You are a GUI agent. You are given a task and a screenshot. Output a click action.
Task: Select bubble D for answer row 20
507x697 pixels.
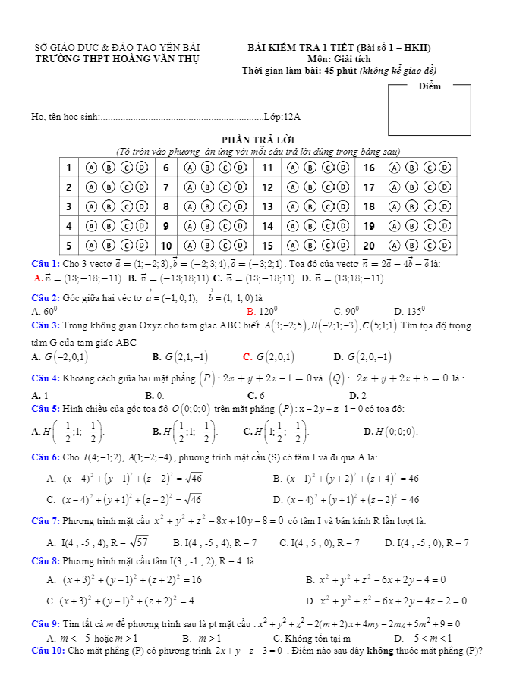446,246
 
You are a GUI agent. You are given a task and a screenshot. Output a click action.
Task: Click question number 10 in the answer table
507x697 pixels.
166,246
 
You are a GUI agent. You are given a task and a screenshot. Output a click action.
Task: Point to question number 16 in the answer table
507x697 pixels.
369,168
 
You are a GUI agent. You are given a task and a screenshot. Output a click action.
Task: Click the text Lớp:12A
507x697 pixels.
282,117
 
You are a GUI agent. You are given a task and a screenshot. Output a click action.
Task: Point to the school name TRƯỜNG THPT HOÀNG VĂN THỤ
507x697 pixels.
117,58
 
